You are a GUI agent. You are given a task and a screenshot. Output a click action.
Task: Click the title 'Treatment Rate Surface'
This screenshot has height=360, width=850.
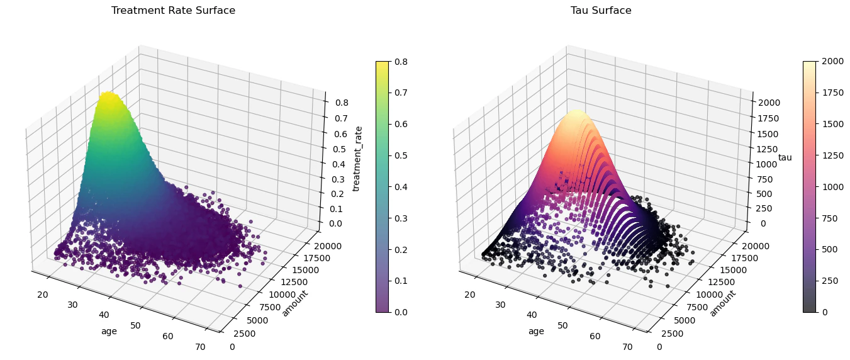pos(173,11)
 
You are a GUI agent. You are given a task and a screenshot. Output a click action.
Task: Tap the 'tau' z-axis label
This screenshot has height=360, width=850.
pos(785,157)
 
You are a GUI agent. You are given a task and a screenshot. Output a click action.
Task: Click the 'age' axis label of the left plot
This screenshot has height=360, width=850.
pos(109,331)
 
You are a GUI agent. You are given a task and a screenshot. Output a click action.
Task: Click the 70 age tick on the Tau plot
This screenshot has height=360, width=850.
pos(627,346)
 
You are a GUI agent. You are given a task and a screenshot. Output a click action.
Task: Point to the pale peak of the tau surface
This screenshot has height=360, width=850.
pos(574,113)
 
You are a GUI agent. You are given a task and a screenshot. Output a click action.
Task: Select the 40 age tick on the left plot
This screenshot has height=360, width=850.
pos(104,315)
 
